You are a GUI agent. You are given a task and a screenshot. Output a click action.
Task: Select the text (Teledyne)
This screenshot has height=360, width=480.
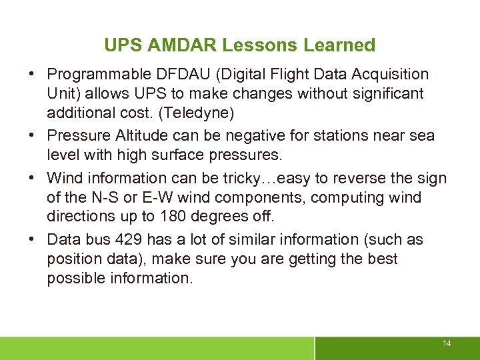199,113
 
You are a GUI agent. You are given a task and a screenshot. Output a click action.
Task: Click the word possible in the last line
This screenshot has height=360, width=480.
71,278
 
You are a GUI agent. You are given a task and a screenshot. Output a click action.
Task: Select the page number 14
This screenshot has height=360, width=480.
446,343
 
